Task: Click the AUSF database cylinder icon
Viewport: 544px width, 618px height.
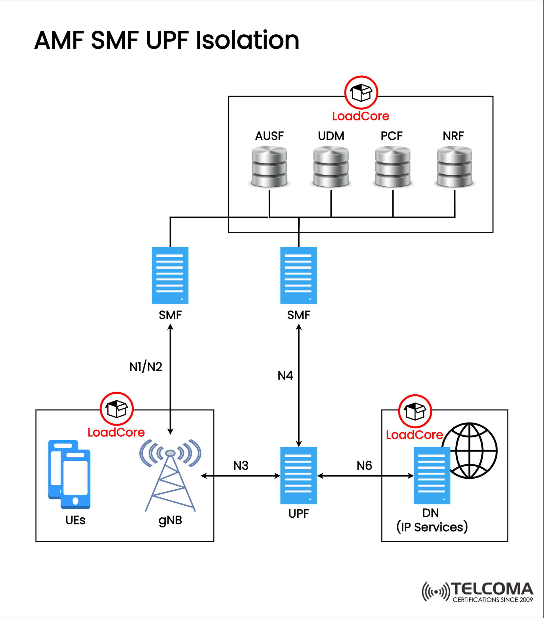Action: pos(269,167)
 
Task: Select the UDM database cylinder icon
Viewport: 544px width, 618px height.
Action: pos(331,167)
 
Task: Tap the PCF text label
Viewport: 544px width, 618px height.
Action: pos(391,136)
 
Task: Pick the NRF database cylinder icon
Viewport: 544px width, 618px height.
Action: pos(454,167)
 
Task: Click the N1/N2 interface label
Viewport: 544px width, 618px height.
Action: pos(146,367)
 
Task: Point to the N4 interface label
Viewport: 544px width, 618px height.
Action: pos(285,375)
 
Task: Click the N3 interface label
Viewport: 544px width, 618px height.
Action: pos(241,466)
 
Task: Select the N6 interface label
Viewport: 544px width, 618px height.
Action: pos(364,466)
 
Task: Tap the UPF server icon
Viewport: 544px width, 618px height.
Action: pos(298,475)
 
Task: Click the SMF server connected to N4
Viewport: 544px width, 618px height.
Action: pos(298,275)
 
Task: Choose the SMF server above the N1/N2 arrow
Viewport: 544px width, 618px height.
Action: pos(170,275)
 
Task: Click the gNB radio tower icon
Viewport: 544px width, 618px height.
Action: pos(170,475)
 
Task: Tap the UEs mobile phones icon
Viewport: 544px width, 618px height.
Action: pos(69,474)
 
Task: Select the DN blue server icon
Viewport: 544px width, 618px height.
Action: pos(432,475)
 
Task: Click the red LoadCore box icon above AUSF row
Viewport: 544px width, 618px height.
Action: pos(361,93)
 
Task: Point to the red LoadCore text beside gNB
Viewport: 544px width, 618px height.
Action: pos(116,432)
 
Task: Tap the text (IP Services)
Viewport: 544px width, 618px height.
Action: pos(432,527)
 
